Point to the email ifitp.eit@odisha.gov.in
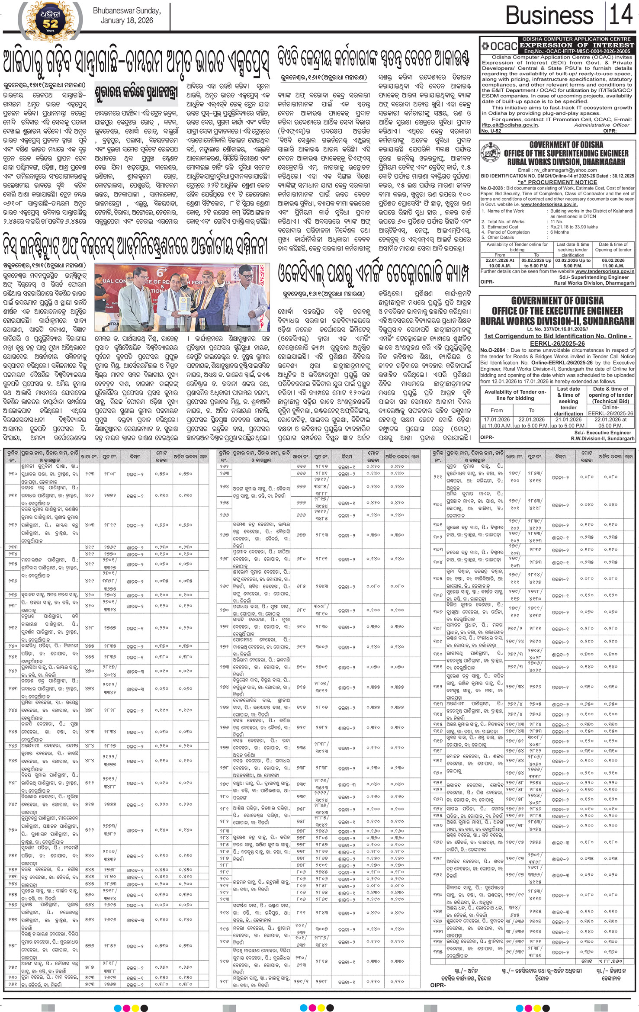(510, 125)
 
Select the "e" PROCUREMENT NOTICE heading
(557, 182)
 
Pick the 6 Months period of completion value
(562, 232)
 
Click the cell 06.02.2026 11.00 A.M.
(613, 263)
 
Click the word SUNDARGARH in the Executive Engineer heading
(610, 321)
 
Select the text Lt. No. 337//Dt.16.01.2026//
(557, 329)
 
